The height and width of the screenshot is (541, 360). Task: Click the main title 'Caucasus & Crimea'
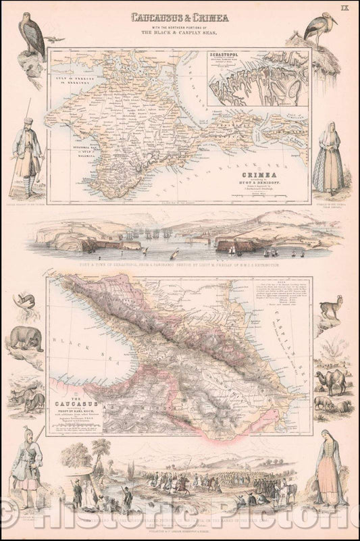point(180,17)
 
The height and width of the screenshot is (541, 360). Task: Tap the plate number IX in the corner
point(344,8)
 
